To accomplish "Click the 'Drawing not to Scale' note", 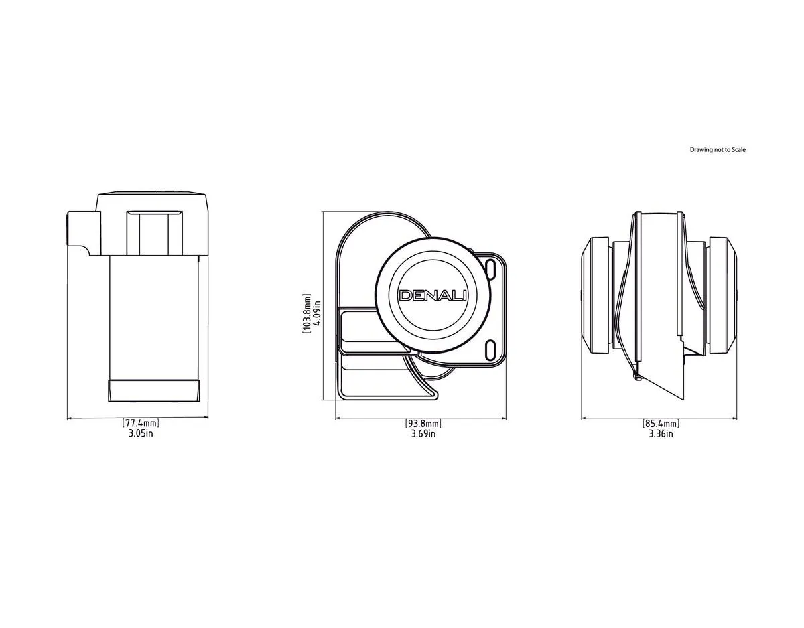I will [718, 150].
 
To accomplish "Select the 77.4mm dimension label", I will [141, 424].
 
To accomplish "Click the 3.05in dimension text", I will [141, 434].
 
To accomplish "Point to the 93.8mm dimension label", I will [423, 424].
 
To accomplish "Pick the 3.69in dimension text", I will [423, 434].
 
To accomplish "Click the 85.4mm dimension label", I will [661, 424].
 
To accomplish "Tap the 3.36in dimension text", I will [661, 434].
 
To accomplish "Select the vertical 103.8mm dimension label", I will [307, 313].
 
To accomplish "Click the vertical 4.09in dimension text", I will [317, 313].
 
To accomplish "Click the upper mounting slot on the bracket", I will [492, 270].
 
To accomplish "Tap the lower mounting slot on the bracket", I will [492, 349].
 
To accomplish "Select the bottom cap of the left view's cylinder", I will [154, 390].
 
